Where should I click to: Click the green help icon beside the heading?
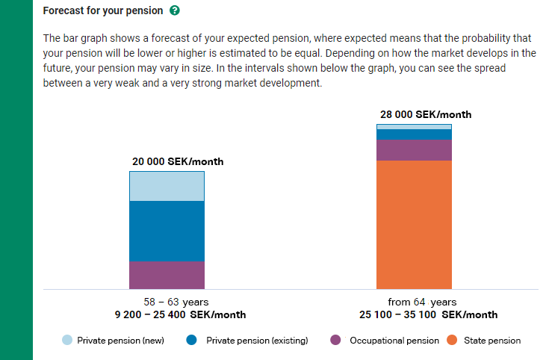[x=174, y=11]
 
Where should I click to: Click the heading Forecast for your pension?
[x=102, y=11]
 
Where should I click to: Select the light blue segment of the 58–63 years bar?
[x=167, y=186]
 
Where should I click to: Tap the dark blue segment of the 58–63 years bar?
[x=167, y=231]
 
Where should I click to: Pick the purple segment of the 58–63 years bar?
[x=167, y=274]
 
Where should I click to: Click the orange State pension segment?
[x=414, y=224]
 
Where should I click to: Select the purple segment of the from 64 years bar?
[x=414, y=150]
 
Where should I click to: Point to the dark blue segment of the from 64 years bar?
[x=414, y=134]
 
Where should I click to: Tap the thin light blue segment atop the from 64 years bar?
[x=414, y=127]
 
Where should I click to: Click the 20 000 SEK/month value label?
[x=178, y=162]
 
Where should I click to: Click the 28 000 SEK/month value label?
[x=426, y=115]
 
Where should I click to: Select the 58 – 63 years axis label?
[x=176, y=302]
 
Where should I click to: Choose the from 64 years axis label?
[x=422, y=302]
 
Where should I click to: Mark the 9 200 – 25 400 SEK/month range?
[x=180, y=314]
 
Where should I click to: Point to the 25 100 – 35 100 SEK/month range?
[x=428, y=314]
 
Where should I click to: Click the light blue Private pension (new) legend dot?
[x=68, y=341]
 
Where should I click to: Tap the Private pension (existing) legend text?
[x=257, y=341]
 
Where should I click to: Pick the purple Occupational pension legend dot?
[x=336, y=341]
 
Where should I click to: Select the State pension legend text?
[x=492, y=341]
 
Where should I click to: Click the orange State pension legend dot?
[x=452, y=341]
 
